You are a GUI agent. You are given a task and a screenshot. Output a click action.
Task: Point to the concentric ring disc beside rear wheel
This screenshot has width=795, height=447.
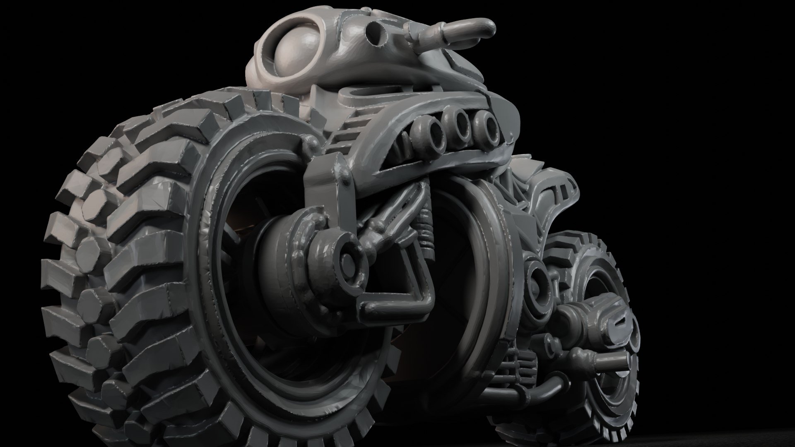tap(538, 281)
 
